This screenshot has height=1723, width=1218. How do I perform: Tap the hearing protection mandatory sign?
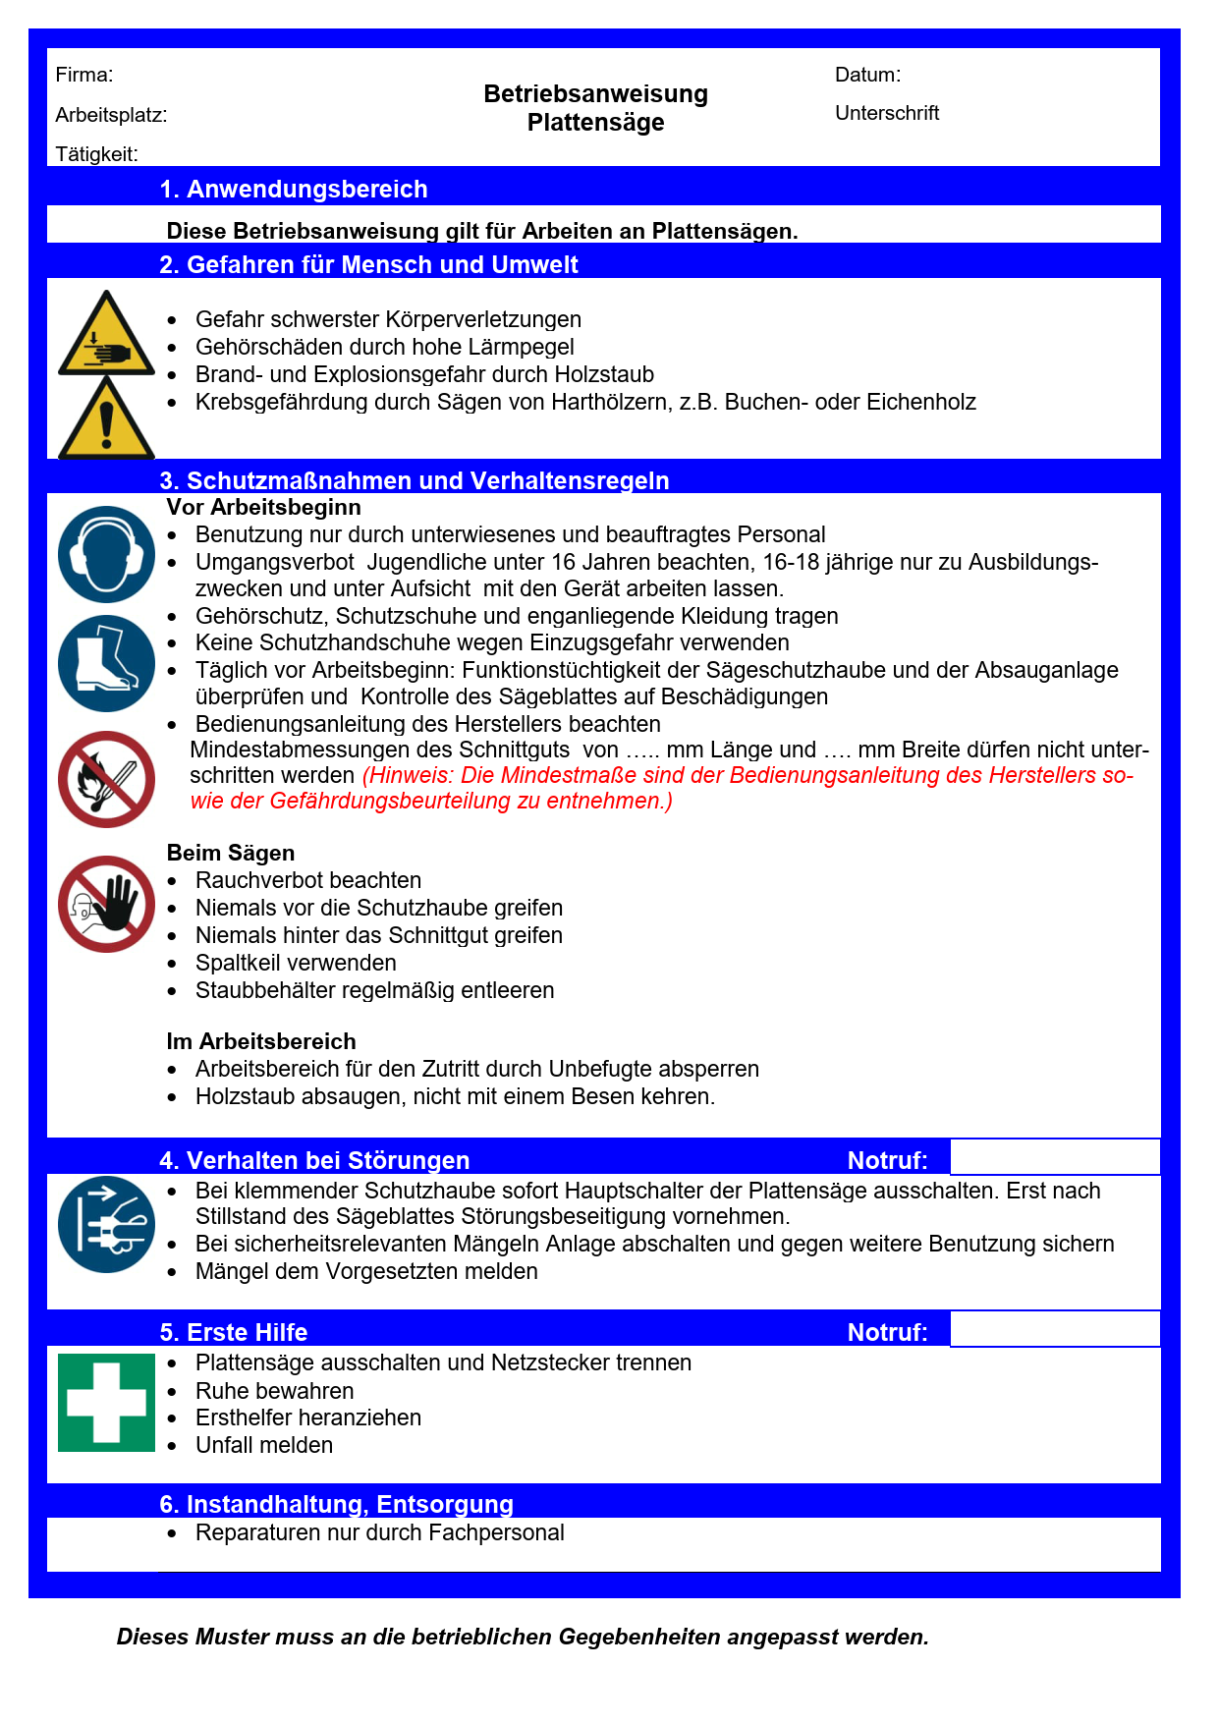click(x=106, y=554)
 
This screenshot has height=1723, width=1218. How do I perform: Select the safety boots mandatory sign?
click(x=106, y=663)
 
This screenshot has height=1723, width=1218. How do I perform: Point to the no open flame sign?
click(x=106, y=779)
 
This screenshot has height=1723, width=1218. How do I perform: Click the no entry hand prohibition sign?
click(x=106, y=904)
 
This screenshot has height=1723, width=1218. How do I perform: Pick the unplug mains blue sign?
click(x=106, y=1224)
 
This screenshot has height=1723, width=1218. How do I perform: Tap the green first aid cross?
click(x=106, y=1402)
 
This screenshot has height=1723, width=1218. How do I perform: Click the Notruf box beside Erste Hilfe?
click(x=1054, y=1329)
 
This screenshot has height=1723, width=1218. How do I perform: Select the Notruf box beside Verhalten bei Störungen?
click(x=1054, y=1157)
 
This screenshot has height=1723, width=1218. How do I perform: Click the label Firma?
click(x=84, y=75)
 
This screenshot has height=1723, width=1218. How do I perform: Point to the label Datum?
click(x=867, y=75)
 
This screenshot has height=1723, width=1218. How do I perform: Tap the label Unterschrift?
click(x=887, y=113)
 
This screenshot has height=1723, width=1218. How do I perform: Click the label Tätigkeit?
click(x=96, y=154)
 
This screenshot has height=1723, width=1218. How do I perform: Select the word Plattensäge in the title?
click(x=595, y=123)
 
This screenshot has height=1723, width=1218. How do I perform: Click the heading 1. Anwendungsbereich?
click(x=294, y=189)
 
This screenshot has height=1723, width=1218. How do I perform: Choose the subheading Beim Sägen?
click(x=231, y=853)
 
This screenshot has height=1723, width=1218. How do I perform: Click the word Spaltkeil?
click(x=236, y=963)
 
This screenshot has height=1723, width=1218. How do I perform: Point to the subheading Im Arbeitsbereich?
click(x=261, y=1041)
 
